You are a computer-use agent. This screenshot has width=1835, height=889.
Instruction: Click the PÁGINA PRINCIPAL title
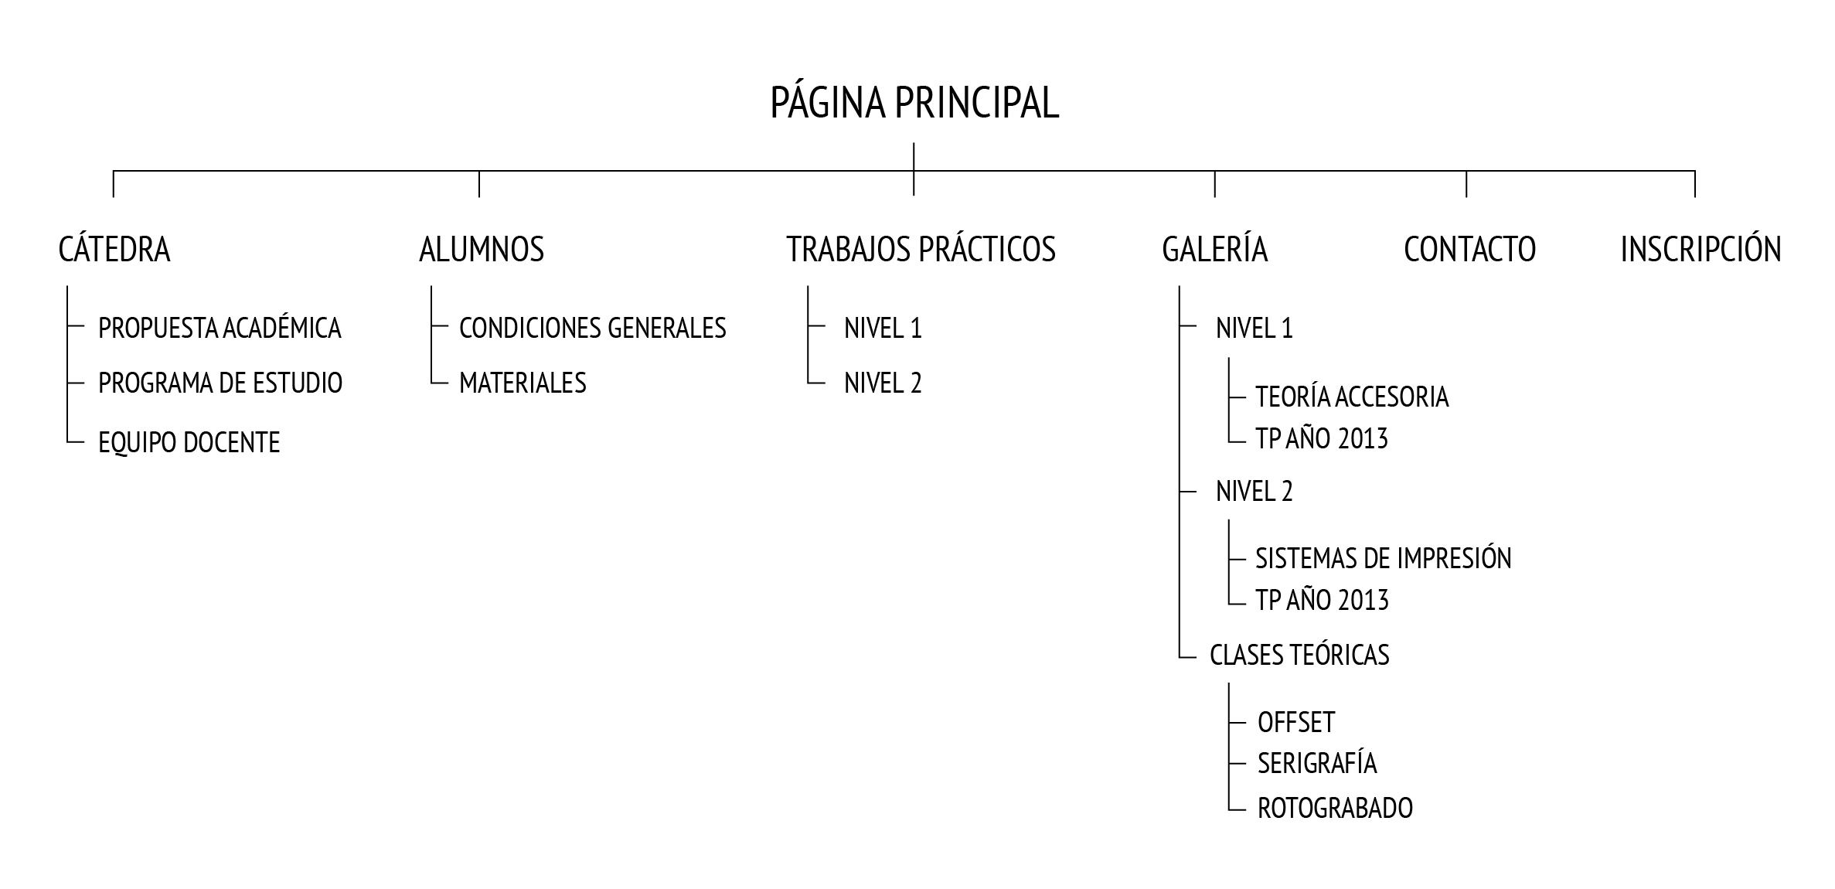click(x=914, y=104)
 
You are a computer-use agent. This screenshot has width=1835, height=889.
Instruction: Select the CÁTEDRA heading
click(x=114, y=250)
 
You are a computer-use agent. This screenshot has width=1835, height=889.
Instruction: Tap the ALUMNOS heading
click(x=482, y=250)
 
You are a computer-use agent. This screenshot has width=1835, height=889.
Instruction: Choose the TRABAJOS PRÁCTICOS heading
click(x=921, y=250)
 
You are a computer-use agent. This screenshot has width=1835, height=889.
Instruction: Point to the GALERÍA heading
click(x=1214, y=250)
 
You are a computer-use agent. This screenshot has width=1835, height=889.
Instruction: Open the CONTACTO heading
click(x=1469, y=250)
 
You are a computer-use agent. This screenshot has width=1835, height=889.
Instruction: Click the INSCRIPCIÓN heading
click(x=1701, y=250)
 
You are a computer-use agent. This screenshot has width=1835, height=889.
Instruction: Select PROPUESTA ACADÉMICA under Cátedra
click(x=220, y=329)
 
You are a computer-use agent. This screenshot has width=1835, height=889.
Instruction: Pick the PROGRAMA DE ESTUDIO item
click(x=220, y=383)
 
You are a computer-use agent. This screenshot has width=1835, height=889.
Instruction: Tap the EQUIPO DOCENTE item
click(x=189, y=443)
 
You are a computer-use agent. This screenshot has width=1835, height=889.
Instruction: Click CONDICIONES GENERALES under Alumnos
click(x=592, y=329)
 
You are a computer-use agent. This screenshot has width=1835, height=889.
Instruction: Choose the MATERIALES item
click(x=523, y=383)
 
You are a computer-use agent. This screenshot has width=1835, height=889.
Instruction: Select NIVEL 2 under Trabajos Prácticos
click(x=883, y=383)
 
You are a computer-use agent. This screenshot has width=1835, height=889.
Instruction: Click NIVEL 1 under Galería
click(x=1254, y=329)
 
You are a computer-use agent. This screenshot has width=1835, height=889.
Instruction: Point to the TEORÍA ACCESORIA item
click(x=1352, y=397)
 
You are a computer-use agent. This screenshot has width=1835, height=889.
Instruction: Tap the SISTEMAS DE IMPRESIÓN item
click(x=1383, y=559)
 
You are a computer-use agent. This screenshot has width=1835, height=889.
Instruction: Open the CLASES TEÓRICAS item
click(x=1299, y=656)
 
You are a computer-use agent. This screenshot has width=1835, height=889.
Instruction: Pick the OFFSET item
click(x=1296, y=723)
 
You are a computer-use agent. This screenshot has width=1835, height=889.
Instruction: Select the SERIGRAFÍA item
click(x=1317, y=764)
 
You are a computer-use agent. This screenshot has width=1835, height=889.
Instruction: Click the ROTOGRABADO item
click(x=1335, y=809)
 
